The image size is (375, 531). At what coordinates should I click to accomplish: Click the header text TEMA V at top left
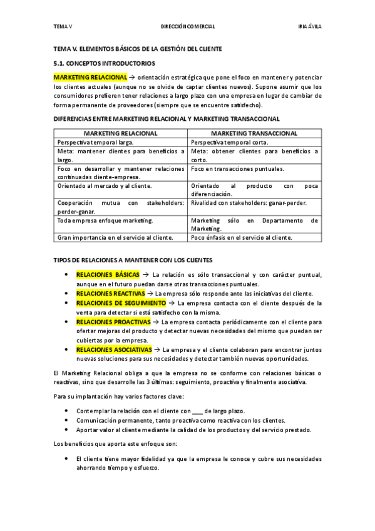(63, 27)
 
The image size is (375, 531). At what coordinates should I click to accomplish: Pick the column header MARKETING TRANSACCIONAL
(254, 133)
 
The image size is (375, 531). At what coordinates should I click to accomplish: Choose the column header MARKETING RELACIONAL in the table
(120, 133)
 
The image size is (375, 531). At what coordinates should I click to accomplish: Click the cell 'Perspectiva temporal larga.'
(95, 142)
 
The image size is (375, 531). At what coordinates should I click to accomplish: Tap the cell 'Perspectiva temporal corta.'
(229, 142)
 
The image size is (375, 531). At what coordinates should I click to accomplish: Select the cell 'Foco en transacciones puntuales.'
(237, 169)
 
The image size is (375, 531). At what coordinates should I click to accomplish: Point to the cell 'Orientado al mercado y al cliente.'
(104, 186)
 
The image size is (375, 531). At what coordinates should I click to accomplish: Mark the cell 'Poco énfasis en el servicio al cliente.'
(241, 237)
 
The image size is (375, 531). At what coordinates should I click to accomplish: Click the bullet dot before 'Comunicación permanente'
(67, 421)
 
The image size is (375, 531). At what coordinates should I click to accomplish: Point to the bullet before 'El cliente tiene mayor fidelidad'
(67, 458)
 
